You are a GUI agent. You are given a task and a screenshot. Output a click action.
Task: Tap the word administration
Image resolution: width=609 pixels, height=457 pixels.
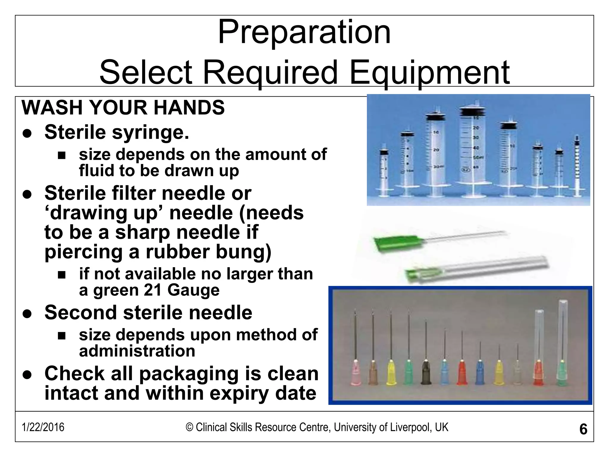(x=137, y=351)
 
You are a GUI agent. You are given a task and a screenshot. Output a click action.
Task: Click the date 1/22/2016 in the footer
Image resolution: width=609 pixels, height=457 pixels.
(x=43, y=427)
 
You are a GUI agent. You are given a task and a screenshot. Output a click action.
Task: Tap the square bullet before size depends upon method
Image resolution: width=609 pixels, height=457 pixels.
(x=62, y=336)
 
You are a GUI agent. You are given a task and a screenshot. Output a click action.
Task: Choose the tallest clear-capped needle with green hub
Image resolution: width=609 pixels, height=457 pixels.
(x=562, y=345)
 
